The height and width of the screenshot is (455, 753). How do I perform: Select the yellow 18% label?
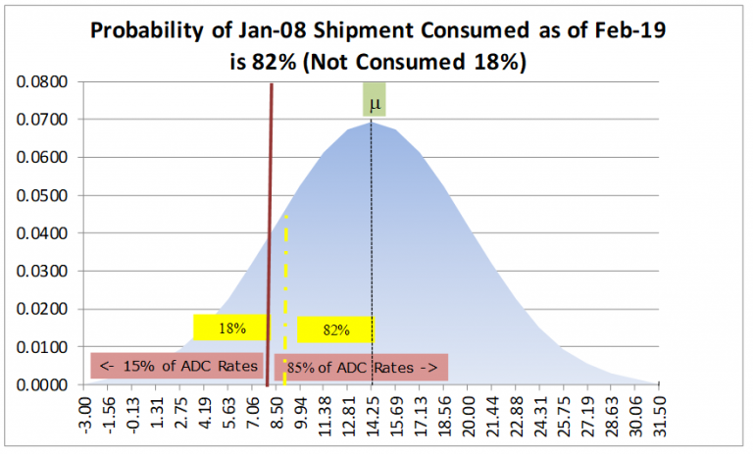(230, 328)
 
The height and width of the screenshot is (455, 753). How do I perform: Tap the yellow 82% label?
(335, 329)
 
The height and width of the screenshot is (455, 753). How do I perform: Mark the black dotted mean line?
(372, 245)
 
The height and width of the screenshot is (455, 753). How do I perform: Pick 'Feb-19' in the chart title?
(630, 30)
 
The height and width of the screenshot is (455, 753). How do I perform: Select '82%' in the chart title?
(270, 61)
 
